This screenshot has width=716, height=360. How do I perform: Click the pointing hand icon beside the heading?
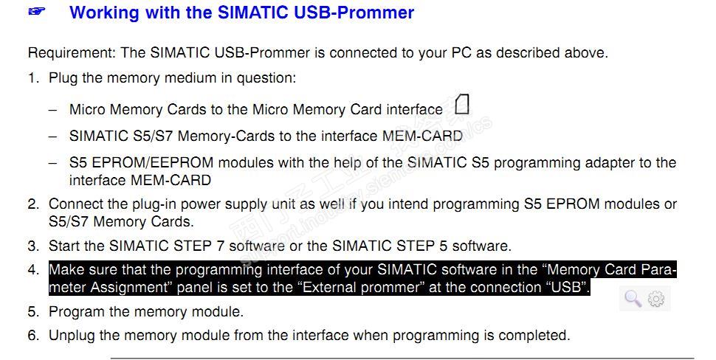point(37,11)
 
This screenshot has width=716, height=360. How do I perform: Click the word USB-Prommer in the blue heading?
point(354,13)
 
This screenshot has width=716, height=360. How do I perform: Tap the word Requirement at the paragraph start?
point(72,53)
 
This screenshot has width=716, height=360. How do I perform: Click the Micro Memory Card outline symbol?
point(462,104)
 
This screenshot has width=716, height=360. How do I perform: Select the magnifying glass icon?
point(633,299)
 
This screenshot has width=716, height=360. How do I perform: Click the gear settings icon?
point(656,299)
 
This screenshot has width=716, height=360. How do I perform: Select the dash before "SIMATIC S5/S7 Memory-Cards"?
point(53,136)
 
